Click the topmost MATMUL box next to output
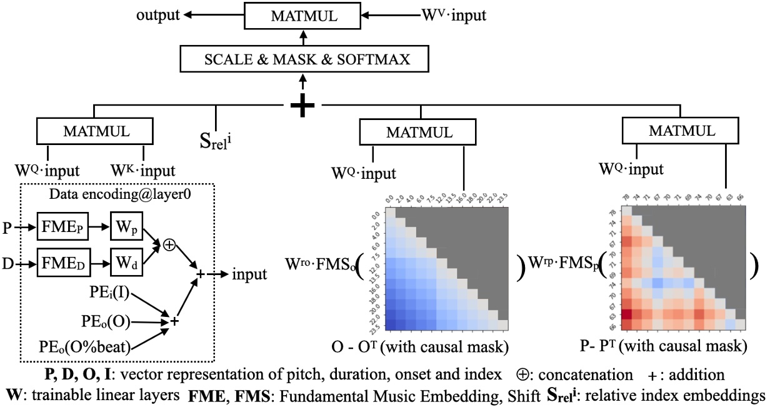point(303,15)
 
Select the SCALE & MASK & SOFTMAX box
point(304,60)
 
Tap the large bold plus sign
point(303,106)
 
